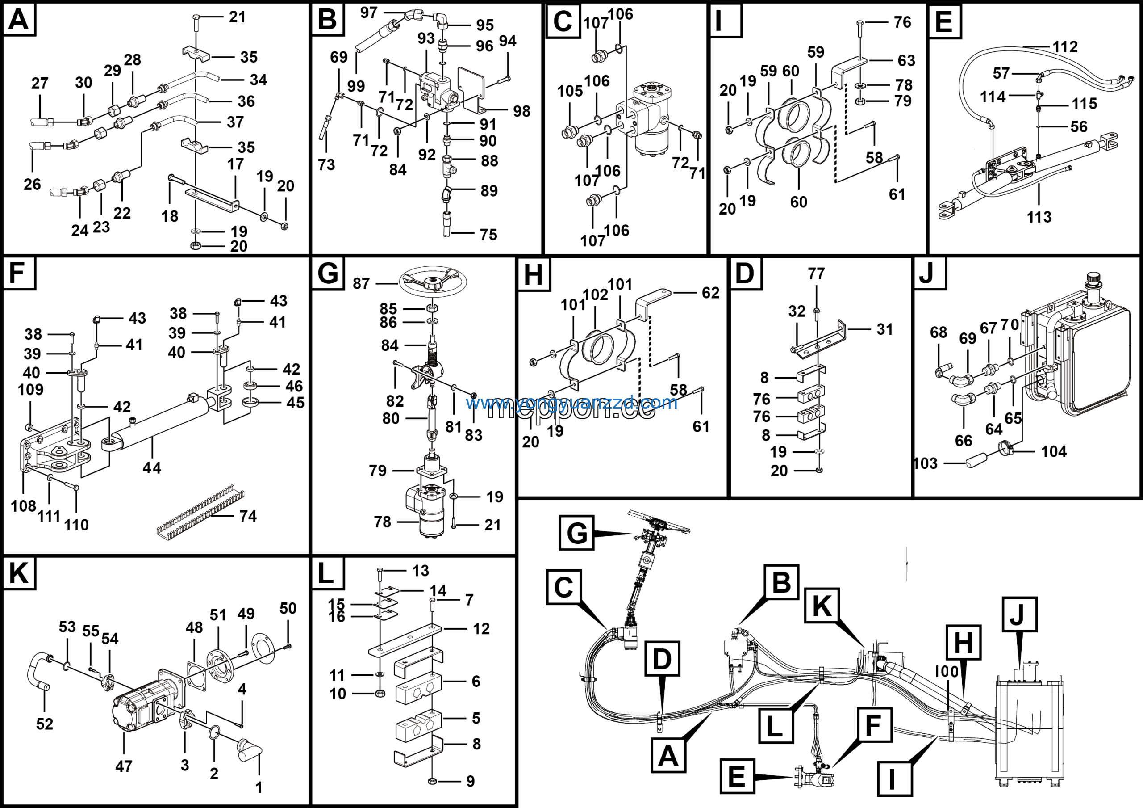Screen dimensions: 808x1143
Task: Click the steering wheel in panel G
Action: click(432, 282)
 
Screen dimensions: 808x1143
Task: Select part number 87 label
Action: click(361, 283)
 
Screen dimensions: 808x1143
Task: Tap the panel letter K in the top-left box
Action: click(19, 573)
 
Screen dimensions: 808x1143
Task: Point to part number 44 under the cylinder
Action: click(152, 468)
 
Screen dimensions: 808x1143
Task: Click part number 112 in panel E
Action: click(1065, 47)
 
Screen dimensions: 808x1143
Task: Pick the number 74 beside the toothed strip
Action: click(248, 516)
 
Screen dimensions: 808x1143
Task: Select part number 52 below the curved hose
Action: click(44, 724)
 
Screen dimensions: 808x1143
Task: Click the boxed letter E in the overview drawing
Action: click(737, 776)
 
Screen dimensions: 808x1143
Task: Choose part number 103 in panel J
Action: click(926, 463)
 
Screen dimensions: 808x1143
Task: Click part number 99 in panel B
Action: click(356, 86)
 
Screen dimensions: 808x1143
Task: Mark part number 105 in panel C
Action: click(570, 91)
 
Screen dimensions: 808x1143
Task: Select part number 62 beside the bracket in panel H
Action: click(710, 293)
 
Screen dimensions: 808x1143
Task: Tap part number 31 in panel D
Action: click(884, 329)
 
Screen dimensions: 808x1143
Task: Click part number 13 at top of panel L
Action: click(421, 570)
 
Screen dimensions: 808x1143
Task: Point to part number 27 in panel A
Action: click(40, 83)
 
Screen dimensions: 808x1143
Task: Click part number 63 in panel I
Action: click(906, 60)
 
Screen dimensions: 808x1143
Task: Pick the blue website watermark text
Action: click(571, 402)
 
